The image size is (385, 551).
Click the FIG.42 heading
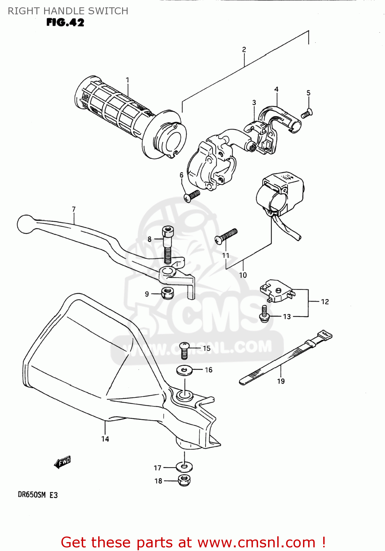click(65, 22)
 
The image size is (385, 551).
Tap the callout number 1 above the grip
click(127, 80)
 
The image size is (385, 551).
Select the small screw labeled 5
click(307, 114)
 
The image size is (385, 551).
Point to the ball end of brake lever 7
click(25, 224)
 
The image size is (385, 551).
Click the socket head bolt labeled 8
click(168, 244)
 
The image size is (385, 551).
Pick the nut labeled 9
click(167, 293)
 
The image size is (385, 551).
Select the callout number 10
click(243, 275)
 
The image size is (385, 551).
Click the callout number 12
click(325, 302)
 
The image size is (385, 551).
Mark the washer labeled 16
click(184, 370)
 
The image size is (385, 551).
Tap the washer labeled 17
click(184, 467)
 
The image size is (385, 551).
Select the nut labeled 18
click(184, 480)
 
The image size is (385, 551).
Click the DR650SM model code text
click(32, 495)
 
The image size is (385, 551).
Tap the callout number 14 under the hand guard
click(105, 439)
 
